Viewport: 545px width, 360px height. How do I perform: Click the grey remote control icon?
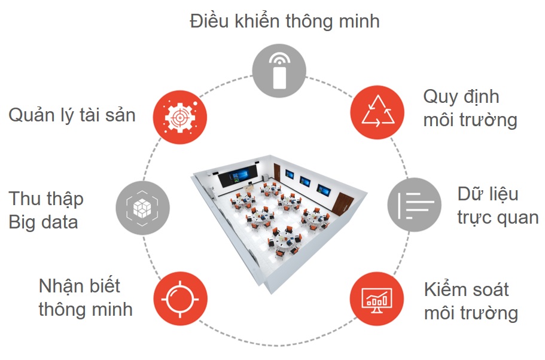[x=279, y=71]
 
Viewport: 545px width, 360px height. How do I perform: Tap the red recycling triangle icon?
[x=377, y=112]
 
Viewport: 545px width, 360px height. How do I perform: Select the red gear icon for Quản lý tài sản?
[x=179, y=117]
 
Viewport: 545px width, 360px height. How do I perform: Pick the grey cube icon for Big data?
[x=142, y=208]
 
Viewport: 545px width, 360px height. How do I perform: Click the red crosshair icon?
[x=180, y=298]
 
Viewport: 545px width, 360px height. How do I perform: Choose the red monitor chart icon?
[x=377, y=299]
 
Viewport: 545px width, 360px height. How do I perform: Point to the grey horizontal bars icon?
[x=415, y=205]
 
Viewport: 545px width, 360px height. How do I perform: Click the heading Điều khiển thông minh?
[x=285, y=21]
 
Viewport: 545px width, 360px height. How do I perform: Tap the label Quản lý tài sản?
[x=72, y=115]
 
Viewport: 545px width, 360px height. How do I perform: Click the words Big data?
[x=43, y=222]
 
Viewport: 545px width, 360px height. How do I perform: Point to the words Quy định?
[x=461, y=97]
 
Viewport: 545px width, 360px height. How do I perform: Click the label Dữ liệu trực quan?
[x=498, y=206]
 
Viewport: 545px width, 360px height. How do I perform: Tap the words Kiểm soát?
[x=467, y=289]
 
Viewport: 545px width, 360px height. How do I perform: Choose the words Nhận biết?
[x=79, y=286]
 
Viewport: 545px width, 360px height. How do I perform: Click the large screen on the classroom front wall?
[x=238, y=176]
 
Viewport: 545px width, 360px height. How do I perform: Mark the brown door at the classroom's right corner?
[x=342, y=205]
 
